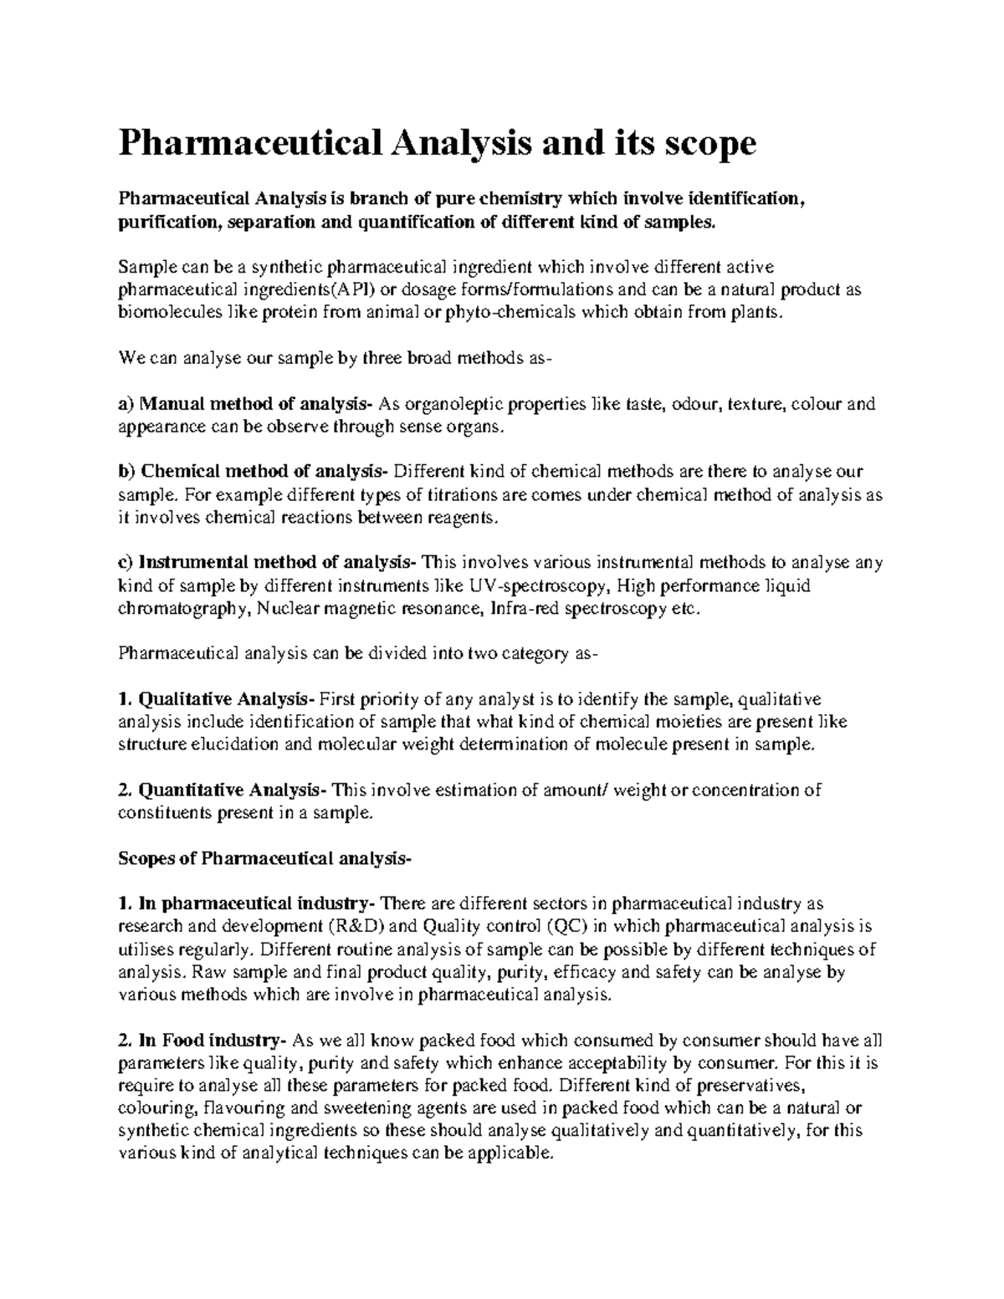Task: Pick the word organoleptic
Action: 452,405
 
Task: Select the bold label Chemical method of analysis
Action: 264,473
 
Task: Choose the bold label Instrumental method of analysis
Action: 277,563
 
